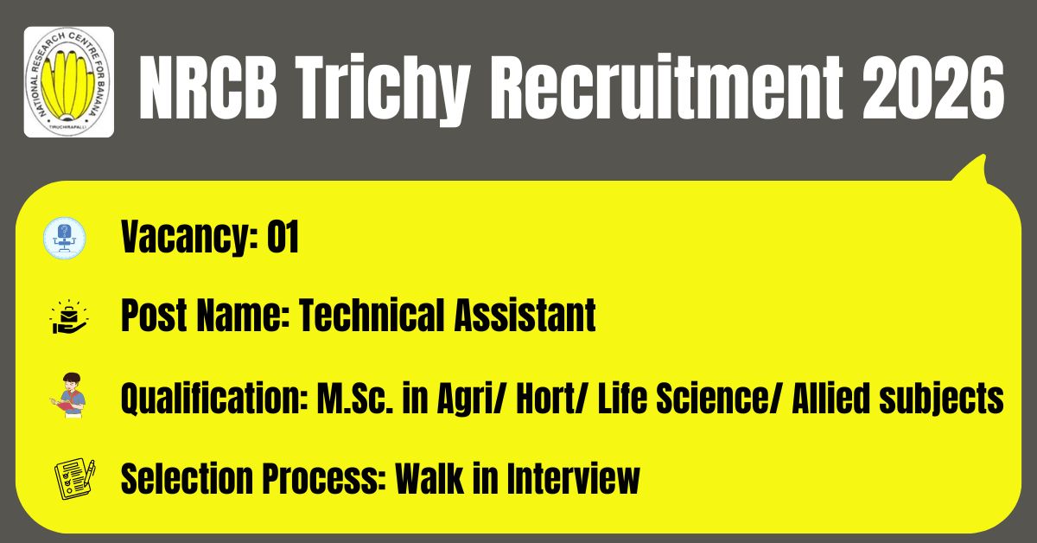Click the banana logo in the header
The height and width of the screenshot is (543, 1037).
69,82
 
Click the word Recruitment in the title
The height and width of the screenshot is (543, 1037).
666,87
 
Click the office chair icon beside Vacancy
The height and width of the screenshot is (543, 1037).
64,238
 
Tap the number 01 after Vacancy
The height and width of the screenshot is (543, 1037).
283,237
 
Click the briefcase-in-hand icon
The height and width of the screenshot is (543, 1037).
68,316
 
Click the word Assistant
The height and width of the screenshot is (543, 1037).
525,316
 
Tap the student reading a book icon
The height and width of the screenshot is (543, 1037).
68,395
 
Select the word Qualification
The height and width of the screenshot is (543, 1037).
215,399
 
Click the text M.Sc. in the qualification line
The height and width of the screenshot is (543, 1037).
355,399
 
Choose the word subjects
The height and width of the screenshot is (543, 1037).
941,399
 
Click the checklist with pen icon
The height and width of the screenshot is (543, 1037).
75,479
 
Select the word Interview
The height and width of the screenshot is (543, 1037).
573,478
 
